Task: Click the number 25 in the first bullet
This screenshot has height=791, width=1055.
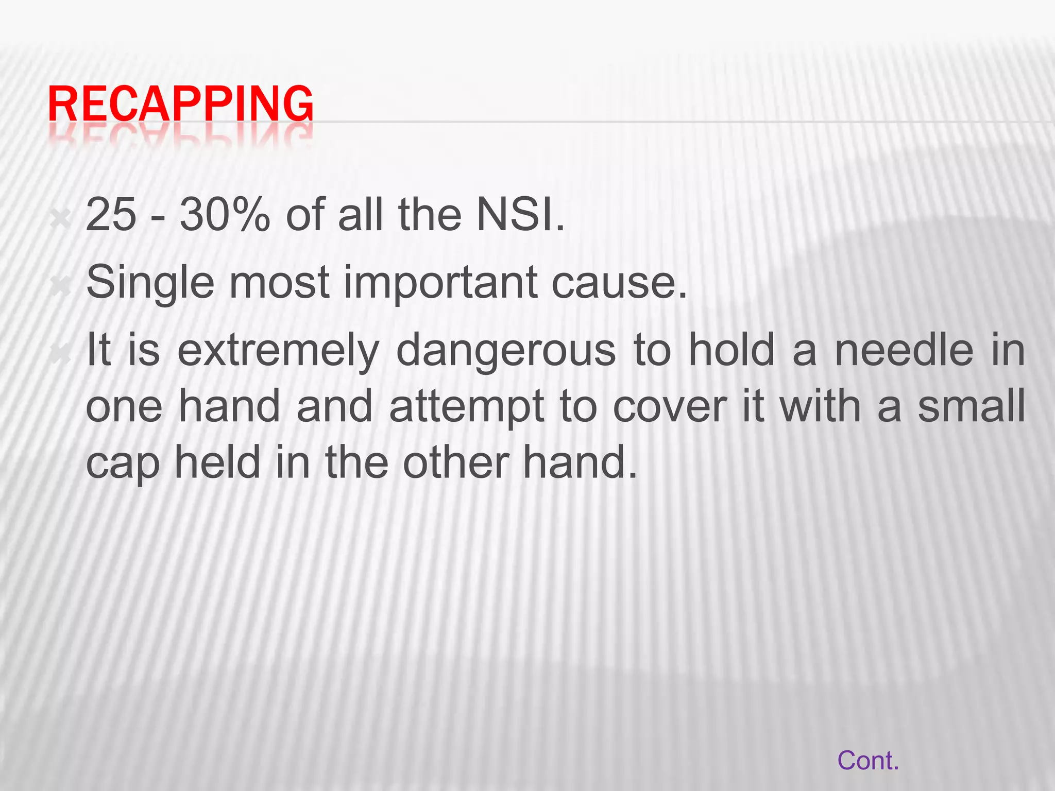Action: click(111, 215)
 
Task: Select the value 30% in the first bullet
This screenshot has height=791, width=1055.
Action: click(225, 215)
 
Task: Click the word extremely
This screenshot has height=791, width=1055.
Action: click(278, 350)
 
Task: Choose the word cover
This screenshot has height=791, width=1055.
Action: click(670, 407)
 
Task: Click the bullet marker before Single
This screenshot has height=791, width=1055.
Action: click(61, 286)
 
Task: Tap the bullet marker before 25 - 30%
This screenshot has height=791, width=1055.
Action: click(61, 219)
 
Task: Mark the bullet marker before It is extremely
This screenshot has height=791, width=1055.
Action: click(61, 354)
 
